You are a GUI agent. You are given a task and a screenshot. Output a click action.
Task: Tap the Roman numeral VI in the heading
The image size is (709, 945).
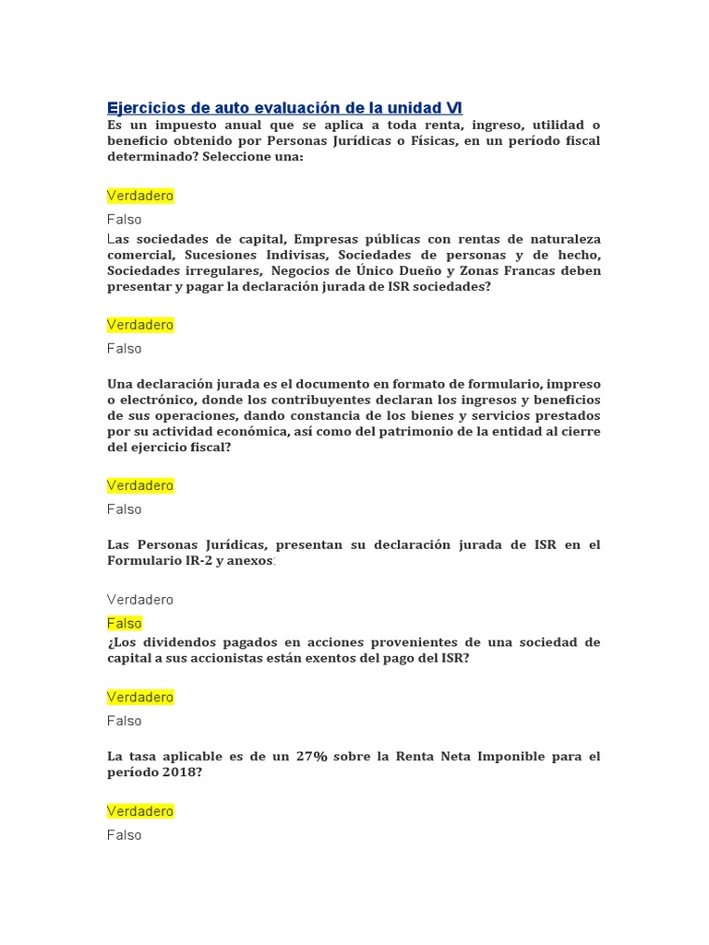453,108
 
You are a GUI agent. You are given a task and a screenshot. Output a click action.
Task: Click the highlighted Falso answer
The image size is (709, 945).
125,624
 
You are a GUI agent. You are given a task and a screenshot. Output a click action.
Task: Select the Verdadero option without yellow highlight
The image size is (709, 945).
140,600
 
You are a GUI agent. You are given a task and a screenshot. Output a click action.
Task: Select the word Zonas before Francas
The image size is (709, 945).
514,271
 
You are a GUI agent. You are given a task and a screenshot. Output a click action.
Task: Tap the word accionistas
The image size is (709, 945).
246,659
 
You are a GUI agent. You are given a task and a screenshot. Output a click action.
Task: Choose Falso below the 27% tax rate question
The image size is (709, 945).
125,835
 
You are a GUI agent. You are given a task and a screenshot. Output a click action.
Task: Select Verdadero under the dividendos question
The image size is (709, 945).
140,697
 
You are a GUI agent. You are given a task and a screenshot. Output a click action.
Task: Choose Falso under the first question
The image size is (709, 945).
125,220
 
